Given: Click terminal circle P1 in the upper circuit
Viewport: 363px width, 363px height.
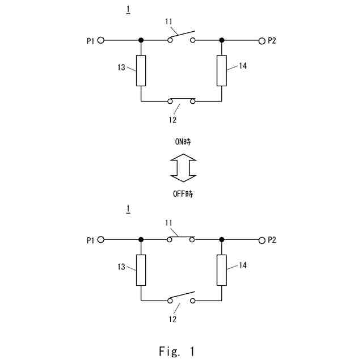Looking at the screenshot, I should tap(101, 40).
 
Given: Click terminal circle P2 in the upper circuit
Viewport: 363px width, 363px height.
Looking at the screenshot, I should tap(261, 40).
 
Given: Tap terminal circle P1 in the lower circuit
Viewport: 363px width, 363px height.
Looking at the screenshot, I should tap(101, 240).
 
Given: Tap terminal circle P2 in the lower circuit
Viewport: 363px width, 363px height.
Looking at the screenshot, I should tap(261, 240).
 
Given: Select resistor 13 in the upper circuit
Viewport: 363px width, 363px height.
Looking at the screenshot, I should tap(141, 70).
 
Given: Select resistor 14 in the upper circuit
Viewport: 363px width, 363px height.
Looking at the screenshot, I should tap(222, 70).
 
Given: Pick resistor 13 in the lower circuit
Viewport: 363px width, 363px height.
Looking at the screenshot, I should tap(141, 270).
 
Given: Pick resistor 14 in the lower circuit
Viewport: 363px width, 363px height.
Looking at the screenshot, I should tap(222, 270).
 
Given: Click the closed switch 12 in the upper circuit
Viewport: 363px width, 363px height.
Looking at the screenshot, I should tap(181, 101).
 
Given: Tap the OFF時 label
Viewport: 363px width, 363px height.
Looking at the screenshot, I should tap(183, 194).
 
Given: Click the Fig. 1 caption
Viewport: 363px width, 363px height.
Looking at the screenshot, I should tap(176, 352).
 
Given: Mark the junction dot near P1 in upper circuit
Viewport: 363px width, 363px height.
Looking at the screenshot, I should tap(141, 40).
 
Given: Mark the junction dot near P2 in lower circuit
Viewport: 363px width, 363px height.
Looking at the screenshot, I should tap(222, 240).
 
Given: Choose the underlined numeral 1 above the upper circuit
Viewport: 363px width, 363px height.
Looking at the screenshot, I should tap(128, 10).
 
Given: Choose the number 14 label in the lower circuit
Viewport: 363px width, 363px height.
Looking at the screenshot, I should tap(243, 265).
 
